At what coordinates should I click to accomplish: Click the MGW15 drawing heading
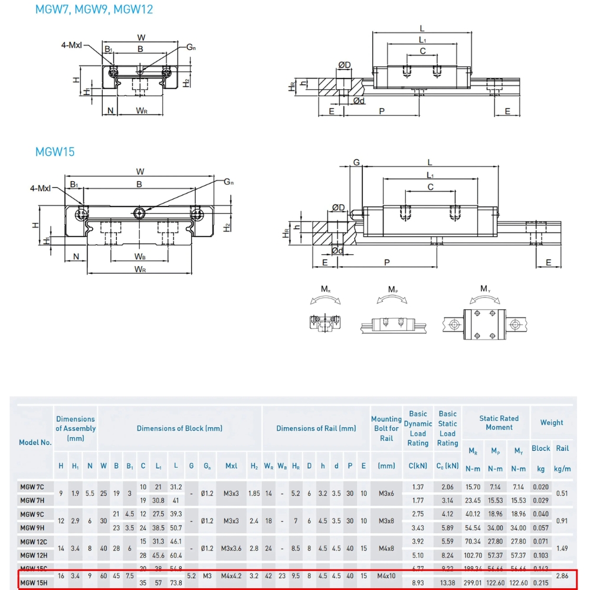point(55,152)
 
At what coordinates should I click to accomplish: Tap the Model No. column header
point(35,442)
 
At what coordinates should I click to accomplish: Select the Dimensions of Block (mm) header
point(179,428)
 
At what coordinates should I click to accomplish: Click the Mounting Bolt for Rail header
point(386,429)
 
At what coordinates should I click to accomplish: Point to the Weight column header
point(551,422)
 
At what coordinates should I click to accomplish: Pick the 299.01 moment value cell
point(473,584)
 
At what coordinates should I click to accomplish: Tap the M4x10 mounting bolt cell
point(386,576)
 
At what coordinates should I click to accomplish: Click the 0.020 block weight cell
point(540,487)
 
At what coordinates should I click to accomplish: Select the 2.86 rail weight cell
point(563,576)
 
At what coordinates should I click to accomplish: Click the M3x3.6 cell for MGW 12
point(231,548)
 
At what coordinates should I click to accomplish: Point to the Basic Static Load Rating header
point(447,429)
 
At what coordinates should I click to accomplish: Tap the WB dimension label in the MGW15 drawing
point(140,257)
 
